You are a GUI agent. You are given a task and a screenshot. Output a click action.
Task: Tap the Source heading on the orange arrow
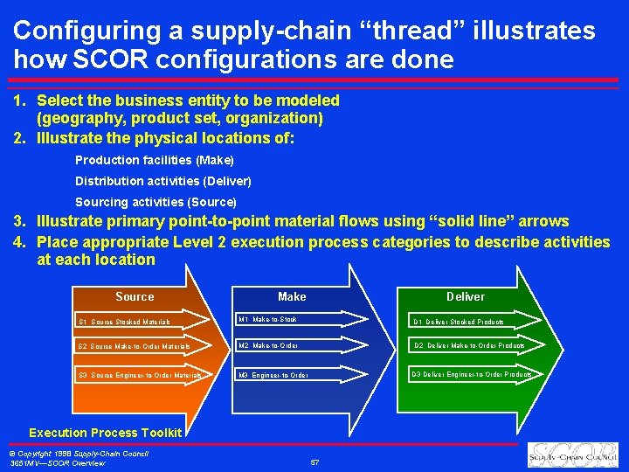tap(135, 297)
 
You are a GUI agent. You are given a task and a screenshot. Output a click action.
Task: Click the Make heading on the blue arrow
tap(292, 297)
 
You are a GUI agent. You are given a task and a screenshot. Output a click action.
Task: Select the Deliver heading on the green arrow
tap(466, 297)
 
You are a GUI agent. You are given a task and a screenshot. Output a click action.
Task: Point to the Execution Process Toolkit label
tap(105, 433)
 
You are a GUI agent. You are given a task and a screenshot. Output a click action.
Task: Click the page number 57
tap(314, 461)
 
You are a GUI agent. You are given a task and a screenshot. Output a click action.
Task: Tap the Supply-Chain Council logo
tap(571, 455)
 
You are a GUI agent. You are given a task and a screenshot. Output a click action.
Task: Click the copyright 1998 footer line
tap(79, 453)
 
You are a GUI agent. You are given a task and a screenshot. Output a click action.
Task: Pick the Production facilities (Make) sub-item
tap(155, 160)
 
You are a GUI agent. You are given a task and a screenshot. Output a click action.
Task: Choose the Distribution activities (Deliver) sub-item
tap(162, 181)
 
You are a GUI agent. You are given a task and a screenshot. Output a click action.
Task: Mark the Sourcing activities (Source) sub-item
tap(156, 202)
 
